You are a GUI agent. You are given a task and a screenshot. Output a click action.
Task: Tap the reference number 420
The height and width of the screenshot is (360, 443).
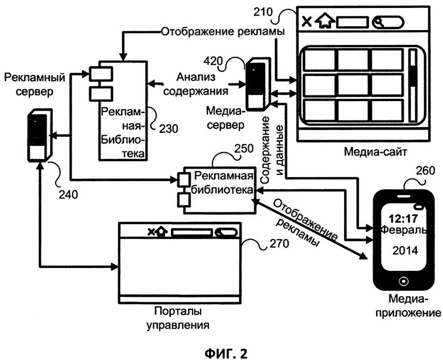point(214,61)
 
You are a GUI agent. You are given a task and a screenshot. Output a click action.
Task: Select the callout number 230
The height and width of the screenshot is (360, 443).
point(169,129)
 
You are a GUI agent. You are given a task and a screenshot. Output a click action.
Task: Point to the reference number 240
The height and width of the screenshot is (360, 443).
point(68,194)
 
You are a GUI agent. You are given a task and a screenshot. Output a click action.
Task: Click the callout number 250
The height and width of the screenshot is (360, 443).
point(244,149)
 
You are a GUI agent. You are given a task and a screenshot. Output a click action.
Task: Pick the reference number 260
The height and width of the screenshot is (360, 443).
point(425,171)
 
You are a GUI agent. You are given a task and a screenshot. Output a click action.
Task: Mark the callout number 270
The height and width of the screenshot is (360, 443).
point(279,244)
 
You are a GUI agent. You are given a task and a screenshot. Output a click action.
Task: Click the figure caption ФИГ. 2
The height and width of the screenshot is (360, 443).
point(225,353)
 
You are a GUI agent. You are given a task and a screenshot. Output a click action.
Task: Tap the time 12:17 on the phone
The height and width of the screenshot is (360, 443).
point(403,218)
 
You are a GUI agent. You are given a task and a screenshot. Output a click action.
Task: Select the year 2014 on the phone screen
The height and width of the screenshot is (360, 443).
point(406,250)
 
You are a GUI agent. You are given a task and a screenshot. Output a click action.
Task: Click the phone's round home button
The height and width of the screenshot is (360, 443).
point(403,281)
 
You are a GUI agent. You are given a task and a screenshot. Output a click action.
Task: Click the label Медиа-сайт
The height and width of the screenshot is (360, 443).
point(375,152)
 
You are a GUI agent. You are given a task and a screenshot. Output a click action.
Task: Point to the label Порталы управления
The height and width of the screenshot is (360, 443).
point(178,318)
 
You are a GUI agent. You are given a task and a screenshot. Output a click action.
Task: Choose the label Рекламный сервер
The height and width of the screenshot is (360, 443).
point(35,85)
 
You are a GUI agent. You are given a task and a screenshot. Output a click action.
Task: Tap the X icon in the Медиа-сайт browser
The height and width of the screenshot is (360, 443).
point(307,22)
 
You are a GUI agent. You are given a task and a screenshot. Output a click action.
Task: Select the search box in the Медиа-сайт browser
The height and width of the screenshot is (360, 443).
point(388,23)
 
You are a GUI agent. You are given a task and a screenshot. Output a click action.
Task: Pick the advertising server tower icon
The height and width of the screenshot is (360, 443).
point(39,135)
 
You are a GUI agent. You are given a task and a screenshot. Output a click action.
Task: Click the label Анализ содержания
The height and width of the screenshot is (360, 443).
point(196,84)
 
